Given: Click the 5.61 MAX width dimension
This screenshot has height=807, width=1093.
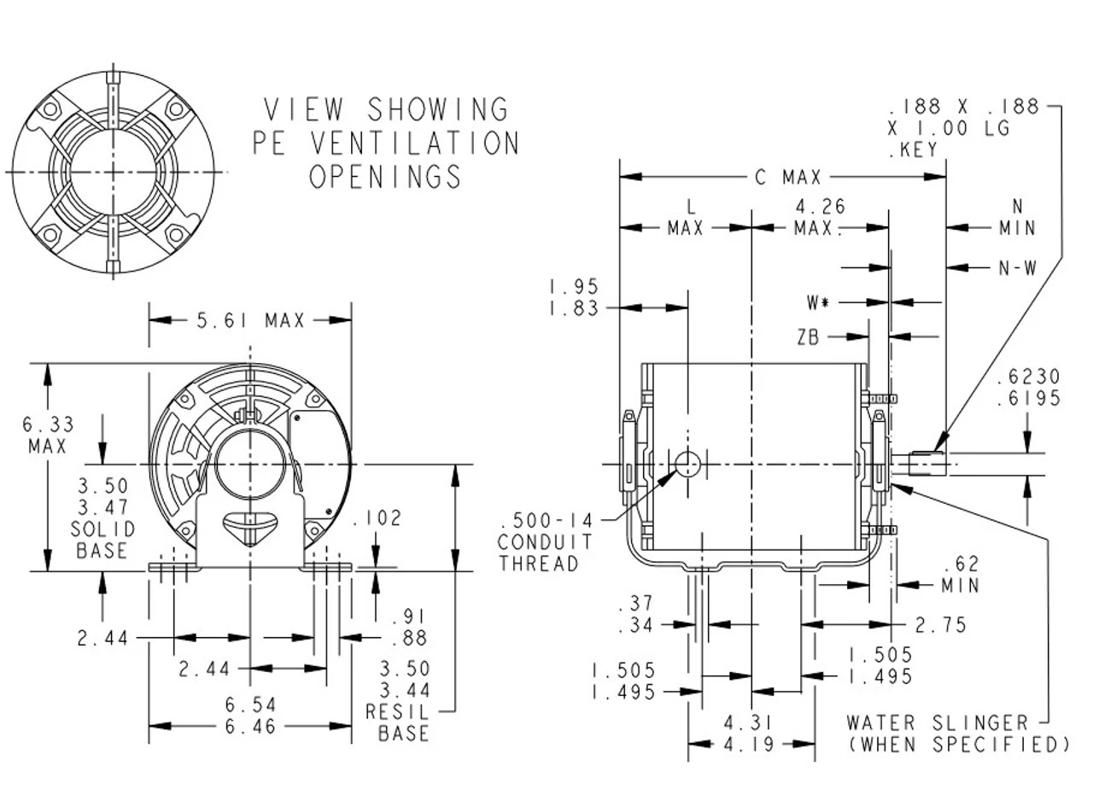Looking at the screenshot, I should pos(250,321).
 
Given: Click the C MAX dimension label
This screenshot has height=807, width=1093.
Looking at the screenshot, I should pos(787,178).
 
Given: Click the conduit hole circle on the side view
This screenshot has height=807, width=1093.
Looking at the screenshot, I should pos(687,464).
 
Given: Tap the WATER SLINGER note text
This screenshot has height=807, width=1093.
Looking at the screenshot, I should pos(937,723).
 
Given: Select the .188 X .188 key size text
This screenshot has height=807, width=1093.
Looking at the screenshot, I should pos(964,108).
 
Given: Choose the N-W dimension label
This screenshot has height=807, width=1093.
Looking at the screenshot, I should pos(1016,268).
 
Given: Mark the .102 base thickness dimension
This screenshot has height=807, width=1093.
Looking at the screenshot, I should pos(376,518).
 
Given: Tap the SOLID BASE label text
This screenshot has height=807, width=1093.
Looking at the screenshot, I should pos(102,541).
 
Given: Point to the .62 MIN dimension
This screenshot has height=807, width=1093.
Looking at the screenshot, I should pos(960,575).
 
